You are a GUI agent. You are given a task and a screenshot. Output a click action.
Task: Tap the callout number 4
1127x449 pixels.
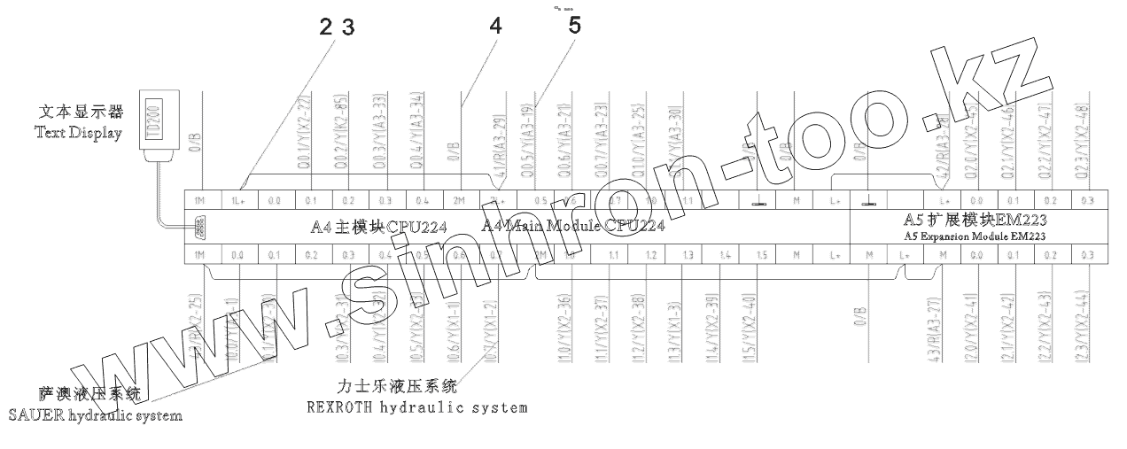coord(495,27)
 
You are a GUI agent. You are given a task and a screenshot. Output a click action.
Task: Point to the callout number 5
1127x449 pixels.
coord(575,26)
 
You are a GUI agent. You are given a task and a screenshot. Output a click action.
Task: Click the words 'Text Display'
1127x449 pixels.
coord(78,133)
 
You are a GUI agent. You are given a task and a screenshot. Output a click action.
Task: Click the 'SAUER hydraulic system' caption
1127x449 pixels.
coord(96,415)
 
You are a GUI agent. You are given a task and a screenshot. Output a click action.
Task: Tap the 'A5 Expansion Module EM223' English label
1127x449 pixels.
coord(999,236)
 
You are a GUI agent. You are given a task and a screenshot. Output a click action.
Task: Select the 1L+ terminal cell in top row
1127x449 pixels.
coord(237,200)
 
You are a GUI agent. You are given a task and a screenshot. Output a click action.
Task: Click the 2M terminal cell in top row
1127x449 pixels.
coord(460,200)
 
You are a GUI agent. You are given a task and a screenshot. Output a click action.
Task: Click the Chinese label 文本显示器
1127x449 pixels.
coord(80,113)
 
